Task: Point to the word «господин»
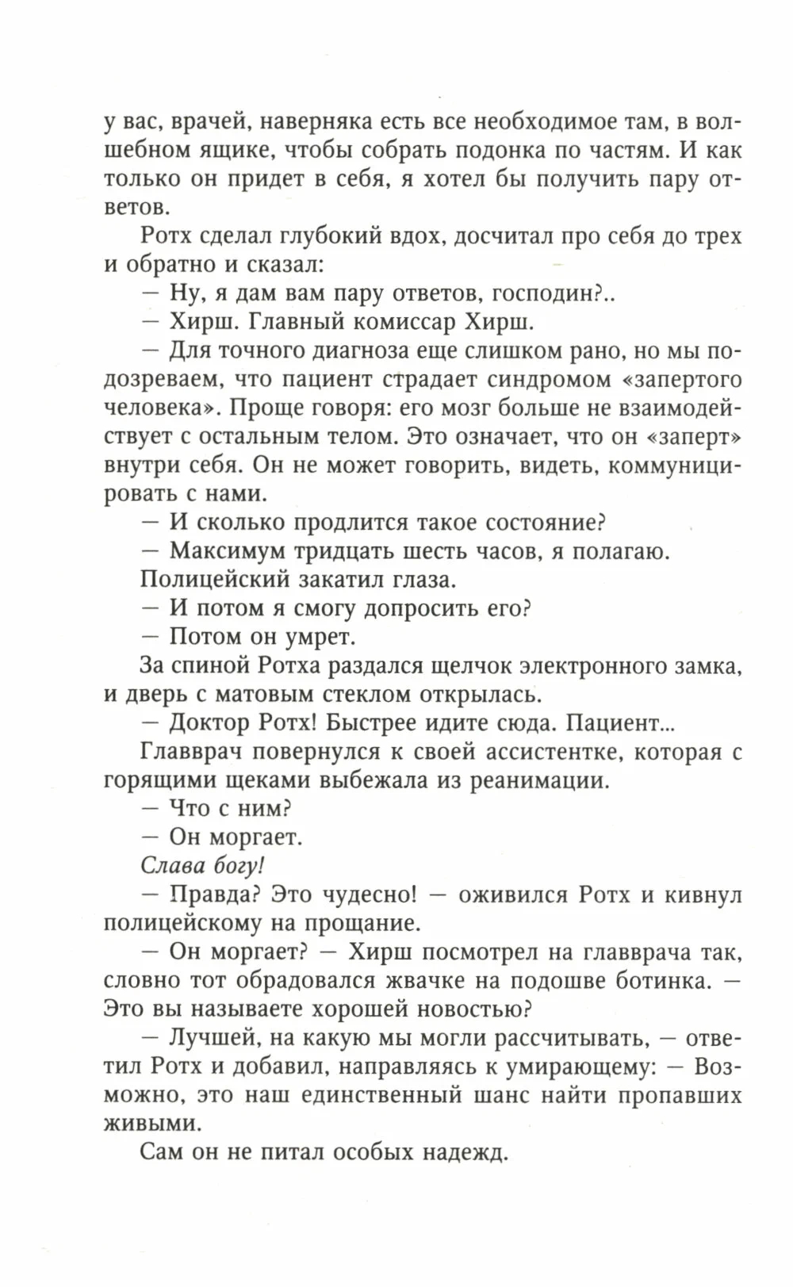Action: [x=543, y=293]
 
